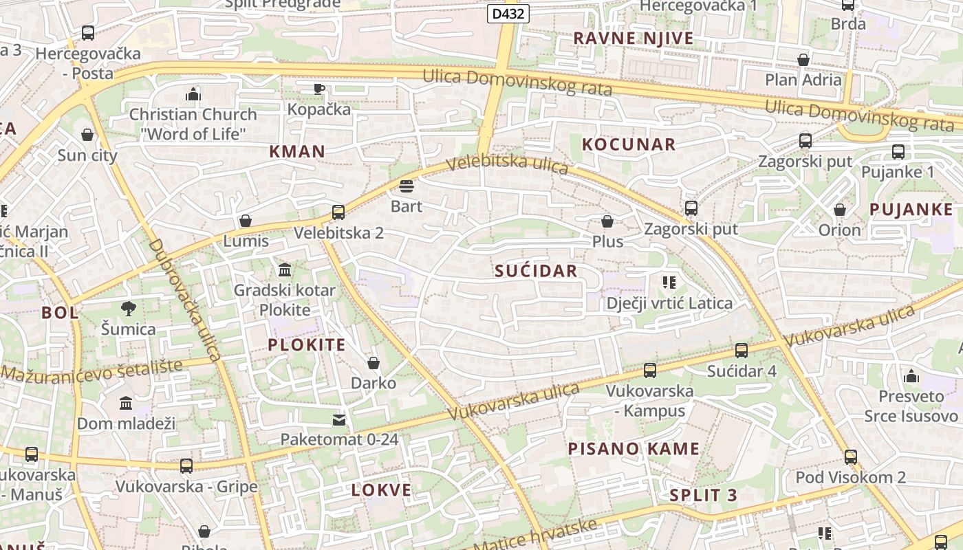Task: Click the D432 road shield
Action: click(x=508, y=14)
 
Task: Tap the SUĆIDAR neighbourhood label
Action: click(x=536, y=271)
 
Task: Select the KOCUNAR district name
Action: click(x=629, y=144)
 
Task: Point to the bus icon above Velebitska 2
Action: click(x=338, y=212)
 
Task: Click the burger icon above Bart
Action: click(x=406, y=186)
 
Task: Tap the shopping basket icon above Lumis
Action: click(x=246, y=221)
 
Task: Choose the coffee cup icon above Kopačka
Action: click(x=319, y=89)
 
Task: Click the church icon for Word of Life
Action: click(x=193, y=93)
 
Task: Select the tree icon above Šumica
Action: click(x=128, y=309)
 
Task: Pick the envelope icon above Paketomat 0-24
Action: click(x=339, y=419)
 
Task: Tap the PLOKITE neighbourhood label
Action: click(x=307, y=345)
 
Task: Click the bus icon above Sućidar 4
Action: click(x=742, y=351)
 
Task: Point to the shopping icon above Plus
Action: click(x=607, y=221)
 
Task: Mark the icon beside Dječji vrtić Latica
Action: click(x=669, y=283)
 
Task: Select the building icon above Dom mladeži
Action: click(x=126, y=403)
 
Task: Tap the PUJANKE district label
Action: click(x=911, y=210)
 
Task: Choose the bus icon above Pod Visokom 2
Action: click(x=851, y=456)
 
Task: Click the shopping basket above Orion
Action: click(x=839, y=209)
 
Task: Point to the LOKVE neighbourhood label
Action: click(x=381, y=490)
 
